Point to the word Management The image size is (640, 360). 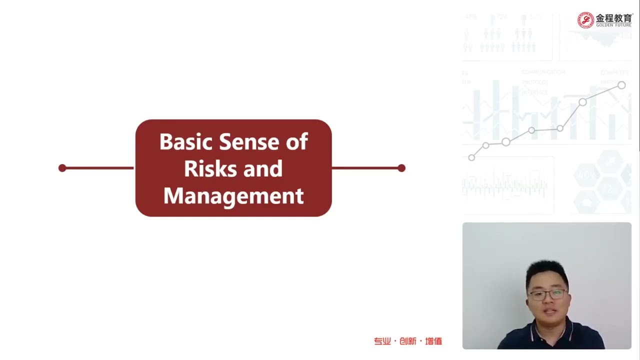point(233,196)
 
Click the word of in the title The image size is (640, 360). point(296,142)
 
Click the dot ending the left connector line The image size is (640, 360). point(62,168)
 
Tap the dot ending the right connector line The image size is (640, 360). point(401,168)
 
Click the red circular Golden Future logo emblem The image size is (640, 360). point(585,20)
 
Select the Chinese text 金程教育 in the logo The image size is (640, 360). point(614,18)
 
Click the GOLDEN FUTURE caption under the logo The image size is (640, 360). point(613,25)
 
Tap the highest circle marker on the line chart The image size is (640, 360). point(621,85)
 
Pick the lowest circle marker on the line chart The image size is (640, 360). point(471,157)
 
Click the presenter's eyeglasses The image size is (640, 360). point(547,294)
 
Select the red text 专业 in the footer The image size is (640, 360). point(382,341)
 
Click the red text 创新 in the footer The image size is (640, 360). point(408,341)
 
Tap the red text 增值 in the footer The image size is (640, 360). point(433,341)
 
